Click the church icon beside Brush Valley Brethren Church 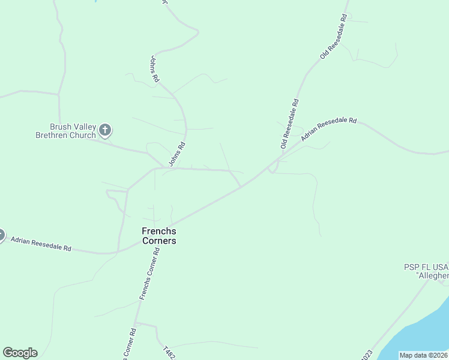pos(105,129)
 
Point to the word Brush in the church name pos(60,127)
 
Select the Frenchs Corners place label pos(159,236)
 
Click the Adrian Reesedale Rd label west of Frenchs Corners pos(41,244)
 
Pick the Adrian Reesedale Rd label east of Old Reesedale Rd pos(329,129)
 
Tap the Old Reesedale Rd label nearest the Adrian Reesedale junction pos(289,124)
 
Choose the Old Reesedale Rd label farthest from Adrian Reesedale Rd pos(334,37)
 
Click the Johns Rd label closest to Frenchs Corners pos(176,154)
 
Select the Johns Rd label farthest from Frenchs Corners pos(154,68)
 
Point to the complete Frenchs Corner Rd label pos(150,274)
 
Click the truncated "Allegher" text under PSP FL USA pos(432,275)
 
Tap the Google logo pos(20,353)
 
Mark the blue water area pos(420,336)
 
